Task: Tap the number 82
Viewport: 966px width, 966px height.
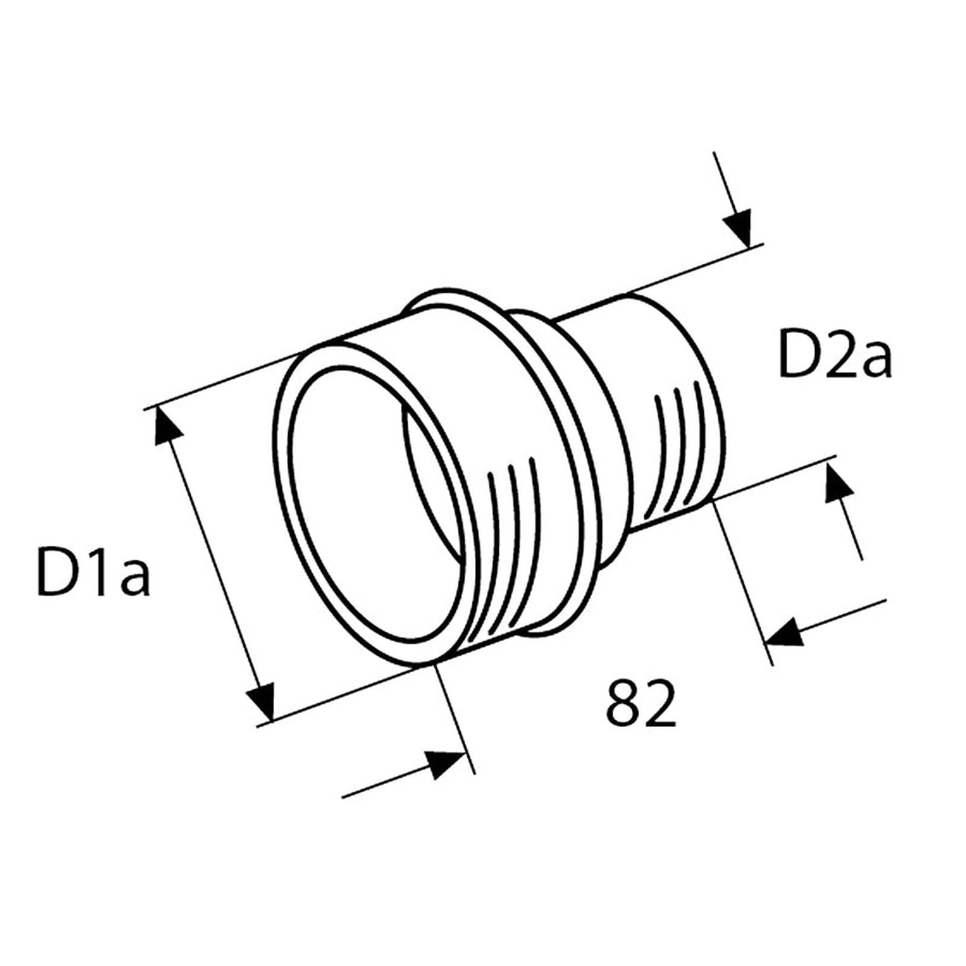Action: [x=641, y=703]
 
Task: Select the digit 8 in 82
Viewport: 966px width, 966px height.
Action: [x=624, y=703]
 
